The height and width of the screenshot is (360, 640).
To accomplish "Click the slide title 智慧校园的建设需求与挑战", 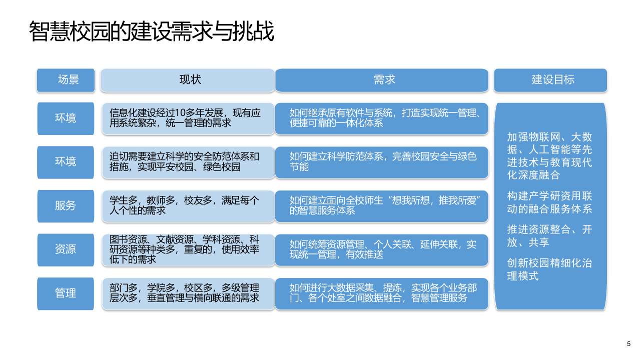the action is click(152, 31).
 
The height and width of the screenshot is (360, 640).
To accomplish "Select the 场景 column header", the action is click(66, 79).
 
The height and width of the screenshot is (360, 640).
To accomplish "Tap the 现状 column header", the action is click(188, 79).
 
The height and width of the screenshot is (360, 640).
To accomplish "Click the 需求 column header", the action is click(381, 79).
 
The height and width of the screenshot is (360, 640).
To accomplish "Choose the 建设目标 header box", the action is click(550, 79).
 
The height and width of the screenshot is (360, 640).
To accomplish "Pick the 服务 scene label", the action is click(66, 205).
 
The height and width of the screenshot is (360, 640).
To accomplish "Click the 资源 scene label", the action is click(66, 249).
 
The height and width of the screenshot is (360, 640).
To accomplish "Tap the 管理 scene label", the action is click(66, 293).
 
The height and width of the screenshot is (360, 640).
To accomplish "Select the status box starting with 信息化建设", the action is click(188, 118).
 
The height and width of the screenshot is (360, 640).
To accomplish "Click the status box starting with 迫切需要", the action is click(188, 162).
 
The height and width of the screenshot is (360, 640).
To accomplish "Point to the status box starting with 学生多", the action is click(188, 205).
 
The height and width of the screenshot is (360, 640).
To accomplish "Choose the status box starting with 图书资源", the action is click(188, 249).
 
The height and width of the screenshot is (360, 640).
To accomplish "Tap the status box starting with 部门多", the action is click(188, 293).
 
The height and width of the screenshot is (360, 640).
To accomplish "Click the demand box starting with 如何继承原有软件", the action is click(381, 118).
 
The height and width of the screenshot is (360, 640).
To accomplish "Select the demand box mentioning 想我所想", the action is click(381, 205).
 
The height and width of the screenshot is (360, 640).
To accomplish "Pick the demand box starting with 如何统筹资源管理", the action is click(381, 249).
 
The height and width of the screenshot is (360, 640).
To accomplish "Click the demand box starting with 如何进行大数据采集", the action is click(381, 293).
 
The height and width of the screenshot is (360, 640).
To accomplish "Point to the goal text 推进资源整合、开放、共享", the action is click(549, 235).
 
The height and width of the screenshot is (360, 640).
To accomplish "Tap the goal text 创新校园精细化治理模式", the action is click(549, 269).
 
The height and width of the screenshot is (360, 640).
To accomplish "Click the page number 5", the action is click(628, 344).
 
